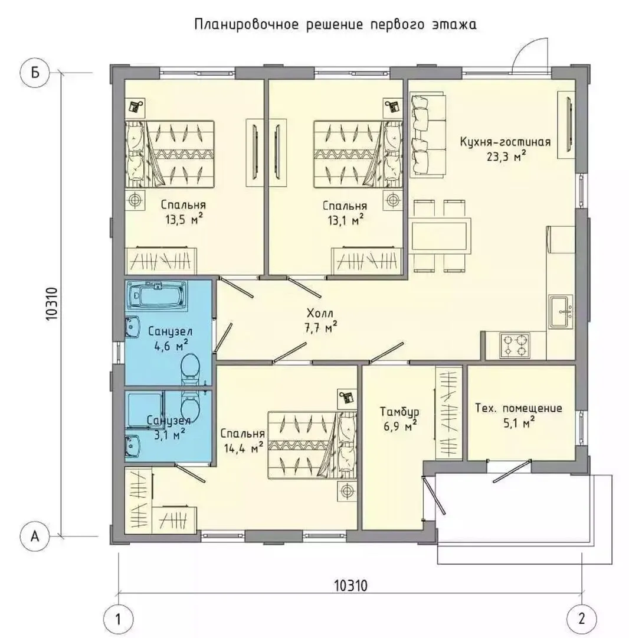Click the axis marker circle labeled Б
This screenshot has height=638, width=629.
35,73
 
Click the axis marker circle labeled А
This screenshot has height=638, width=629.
35,536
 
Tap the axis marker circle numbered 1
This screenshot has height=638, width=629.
118,620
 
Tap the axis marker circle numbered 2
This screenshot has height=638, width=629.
581,619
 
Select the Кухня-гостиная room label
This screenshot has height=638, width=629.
505,142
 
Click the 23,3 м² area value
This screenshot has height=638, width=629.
507,156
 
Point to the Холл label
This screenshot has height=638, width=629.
320,313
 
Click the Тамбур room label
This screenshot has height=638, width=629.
399,412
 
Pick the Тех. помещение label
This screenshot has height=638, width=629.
519,408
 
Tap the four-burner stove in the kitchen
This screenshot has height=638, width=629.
515,345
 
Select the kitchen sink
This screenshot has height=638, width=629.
561,311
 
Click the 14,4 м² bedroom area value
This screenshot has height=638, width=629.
243,448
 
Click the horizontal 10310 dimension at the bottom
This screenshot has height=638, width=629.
350,585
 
